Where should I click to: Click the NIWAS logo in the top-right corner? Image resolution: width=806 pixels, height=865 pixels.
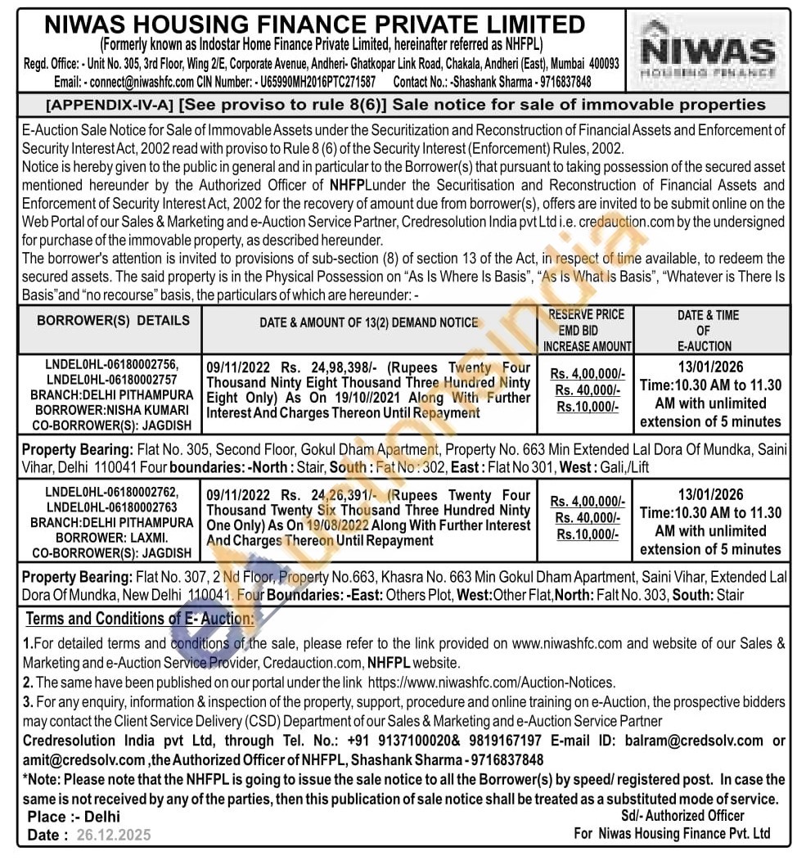point(708,51)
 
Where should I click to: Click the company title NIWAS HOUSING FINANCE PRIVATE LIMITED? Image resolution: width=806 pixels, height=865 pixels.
point(314,25)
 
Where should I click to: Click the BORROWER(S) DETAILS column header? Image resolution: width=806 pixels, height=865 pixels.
point(113,321)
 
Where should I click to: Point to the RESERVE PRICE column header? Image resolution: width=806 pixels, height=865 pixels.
point(586,314)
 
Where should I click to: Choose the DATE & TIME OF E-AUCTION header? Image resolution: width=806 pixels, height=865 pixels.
point(709,330)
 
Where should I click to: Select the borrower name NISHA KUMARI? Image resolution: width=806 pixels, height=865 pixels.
point(148,409)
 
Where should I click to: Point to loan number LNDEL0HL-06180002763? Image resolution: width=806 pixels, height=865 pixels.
point(112,507)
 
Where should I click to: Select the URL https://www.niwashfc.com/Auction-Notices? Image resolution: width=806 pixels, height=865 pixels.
point(491,682)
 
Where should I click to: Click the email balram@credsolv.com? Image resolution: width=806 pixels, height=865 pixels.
point(694,741)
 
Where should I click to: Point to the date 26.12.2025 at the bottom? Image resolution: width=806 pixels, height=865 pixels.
point(115,835)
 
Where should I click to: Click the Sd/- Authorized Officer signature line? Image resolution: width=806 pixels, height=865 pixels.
point(682,815)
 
